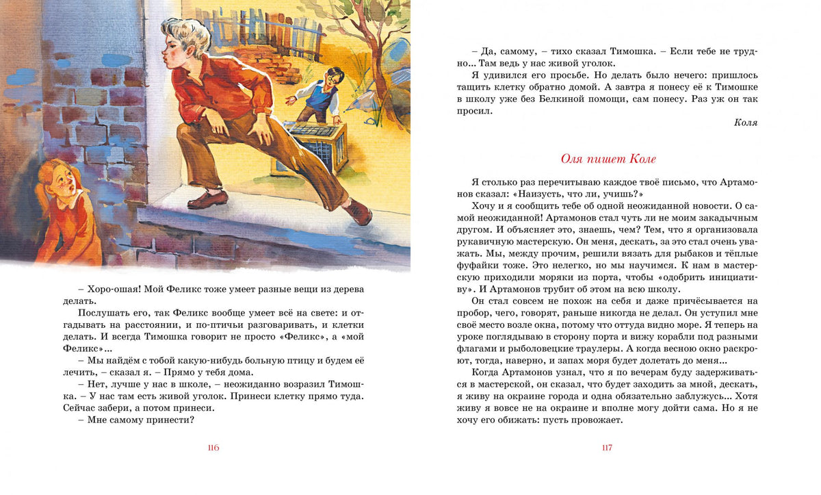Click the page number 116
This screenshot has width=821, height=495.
(x=213, y=448)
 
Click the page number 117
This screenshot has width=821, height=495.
(x=607, y=448)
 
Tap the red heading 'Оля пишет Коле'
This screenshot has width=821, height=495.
(x=608, y=159)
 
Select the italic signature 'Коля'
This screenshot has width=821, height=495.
(x=745, y=123)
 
